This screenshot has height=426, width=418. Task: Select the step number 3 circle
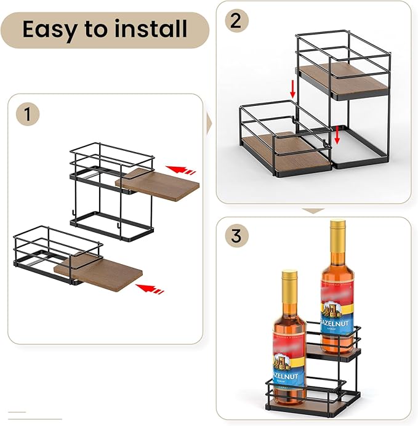(236, 236)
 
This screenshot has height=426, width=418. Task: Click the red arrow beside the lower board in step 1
(151, 287)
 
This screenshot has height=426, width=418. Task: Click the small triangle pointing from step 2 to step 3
(315, 211)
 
